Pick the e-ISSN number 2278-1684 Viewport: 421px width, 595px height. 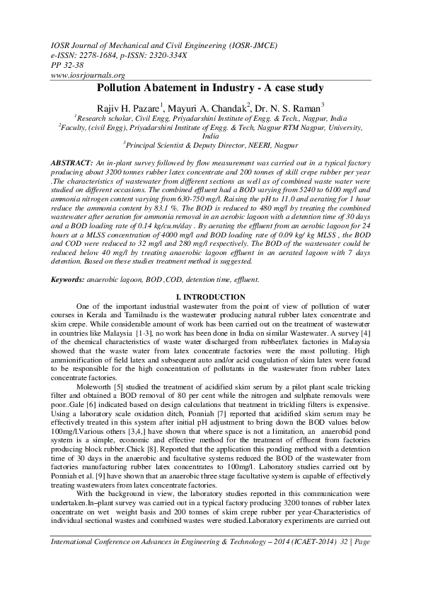pyautogui.click(x=96, y=54)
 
